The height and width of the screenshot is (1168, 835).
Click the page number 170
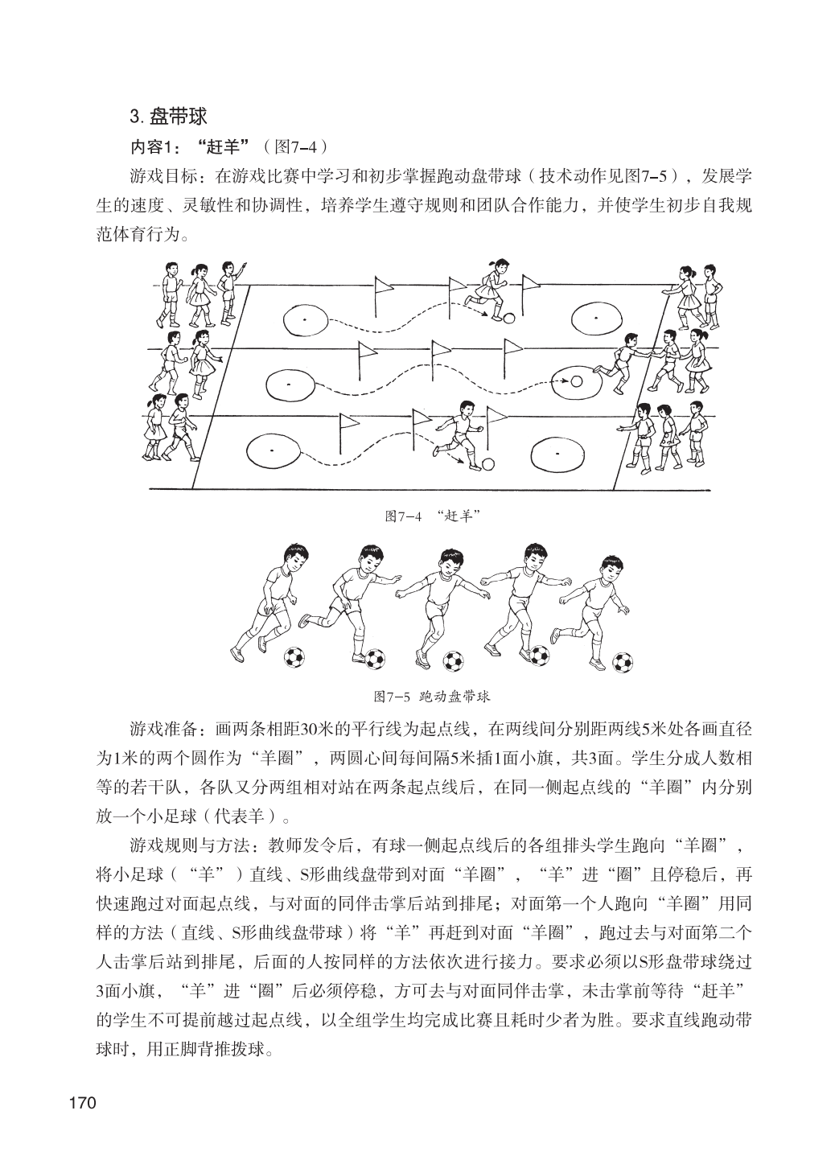(x=83, y=1101)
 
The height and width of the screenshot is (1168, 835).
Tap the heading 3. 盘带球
(x=168, y=117)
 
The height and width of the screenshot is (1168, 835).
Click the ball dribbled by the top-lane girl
(x=508, y=318)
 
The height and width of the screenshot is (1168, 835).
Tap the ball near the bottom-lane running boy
(x=488, y=464)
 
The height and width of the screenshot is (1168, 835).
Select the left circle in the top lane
(x=305, y=320)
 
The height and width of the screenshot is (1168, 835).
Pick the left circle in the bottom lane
(x=272, y=450)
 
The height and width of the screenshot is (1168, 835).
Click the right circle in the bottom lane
(x=557, y=452)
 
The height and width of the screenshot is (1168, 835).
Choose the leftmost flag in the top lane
(x=382, y=288)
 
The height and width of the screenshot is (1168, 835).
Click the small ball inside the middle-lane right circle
(x=576, y=382)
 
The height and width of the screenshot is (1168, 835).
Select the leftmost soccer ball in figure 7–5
(x=294, y=658)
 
